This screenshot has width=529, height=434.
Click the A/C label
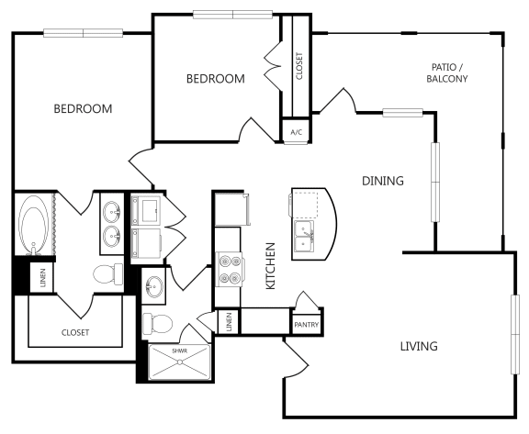tap(296, 132)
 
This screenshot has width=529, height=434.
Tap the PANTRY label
tap(305, 325)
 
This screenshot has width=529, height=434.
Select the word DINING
tap(382, 181)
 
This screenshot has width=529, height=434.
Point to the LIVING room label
tap(418, 346)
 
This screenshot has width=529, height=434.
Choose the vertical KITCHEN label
tap(271, 265)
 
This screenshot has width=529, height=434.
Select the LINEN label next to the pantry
tap(228, 321)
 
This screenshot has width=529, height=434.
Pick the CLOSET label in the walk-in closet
tap(75, 332)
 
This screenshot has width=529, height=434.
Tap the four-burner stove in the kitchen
tap(229, 269)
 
